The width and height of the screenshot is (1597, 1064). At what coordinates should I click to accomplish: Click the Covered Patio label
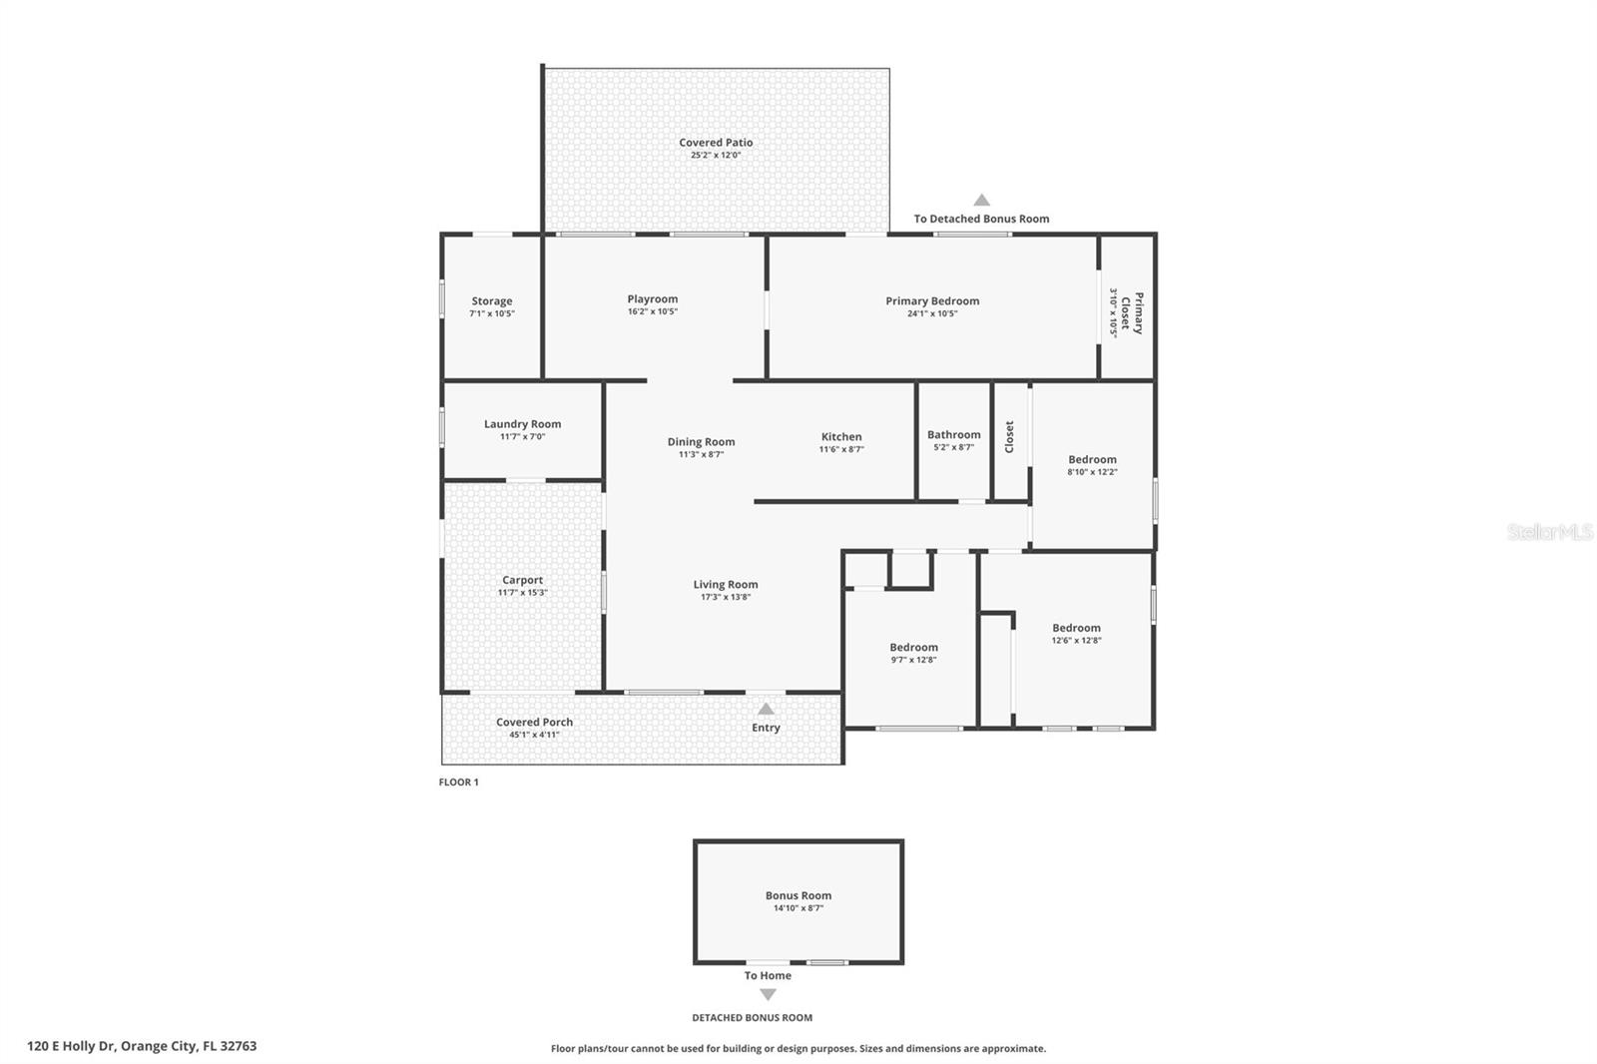click(x=716, y=143)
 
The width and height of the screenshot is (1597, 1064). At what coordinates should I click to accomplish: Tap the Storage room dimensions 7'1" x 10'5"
click(x=492, y=313)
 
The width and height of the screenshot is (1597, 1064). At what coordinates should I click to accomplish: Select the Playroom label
click(x=653, y=299)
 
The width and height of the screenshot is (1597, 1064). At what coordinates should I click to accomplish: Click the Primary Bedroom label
click(x=932, y=300)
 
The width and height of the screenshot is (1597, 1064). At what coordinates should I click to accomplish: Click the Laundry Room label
click(x=522, y=424)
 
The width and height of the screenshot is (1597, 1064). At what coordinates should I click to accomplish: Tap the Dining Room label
click(x=701, y=442)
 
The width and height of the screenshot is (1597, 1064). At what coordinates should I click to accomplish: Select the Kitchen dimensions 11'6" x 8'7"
click(x=841, y=449)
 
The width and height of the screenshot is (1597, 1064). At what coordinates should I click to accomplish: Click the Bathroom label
click(x=953, y=434)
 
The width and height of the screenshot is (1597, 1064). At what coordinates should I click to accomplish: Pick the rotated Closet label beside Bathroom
click(x=1009, y=436)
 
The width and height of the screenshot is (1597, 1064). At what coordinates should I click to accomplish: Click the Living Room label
click(x=726, y=585)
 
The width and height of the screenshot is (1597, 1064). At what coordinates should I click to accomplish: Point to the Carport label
click(x=522, y=580)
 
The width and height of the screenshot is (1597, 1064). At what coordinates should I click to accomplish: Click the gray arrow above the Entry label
click(x=766, y=709)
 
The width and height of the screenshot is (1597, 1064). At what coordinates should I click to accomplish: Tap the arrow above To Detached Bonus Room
click(x=981, y=200)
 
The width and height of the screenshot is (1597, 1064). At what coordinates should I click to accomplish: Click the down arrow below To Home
click(x=768, y=995)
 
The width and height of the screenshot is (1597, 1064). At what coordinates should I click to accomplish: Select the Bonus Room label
click(x=798, y=895)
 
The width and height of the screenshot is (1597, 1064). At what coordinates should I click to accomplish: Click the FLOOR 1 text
click(x=458, y=782)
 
